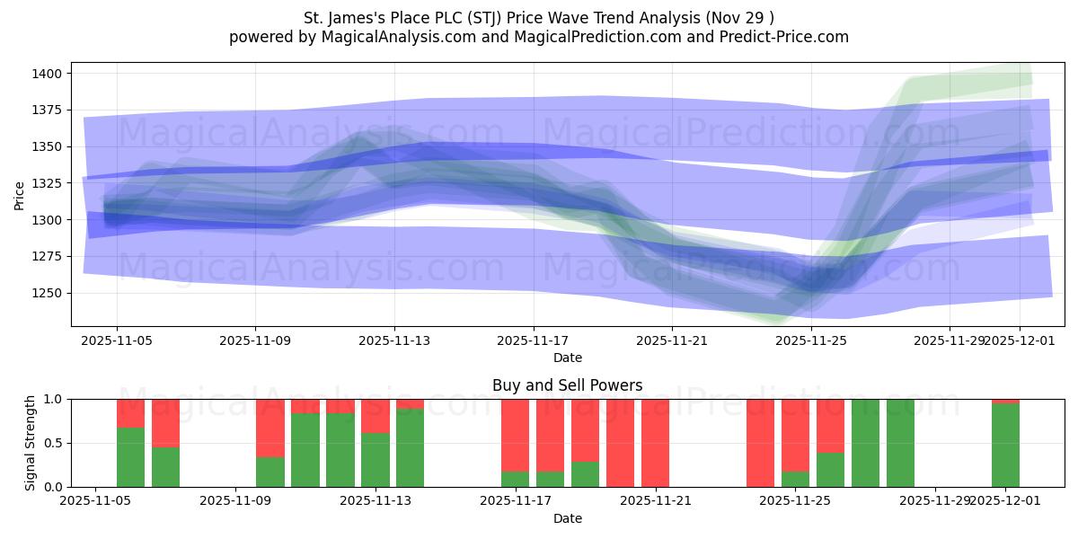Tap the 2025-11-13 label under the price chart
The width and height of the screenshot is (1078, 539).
point(394,341)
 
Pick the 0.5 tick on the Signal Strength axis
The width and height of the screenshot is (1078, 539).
point(53,443)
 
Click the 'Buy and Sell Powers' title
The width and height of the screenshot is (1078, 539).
point(567,385)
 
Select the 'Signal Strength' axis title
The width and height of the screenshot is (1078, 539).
point(31,443)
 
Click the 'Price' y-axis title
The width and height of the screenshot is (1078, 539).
point(20,194)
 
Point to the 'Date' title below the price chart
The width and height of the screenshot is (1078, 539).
point(567,358)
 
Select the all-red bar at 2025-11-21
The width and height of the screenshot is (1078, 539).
point(655,443)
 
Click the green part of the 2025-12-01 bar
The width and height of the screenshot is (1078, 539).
point(1005,446)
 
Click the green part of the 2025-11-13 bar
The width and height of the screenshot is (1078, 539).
point(410,448)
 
